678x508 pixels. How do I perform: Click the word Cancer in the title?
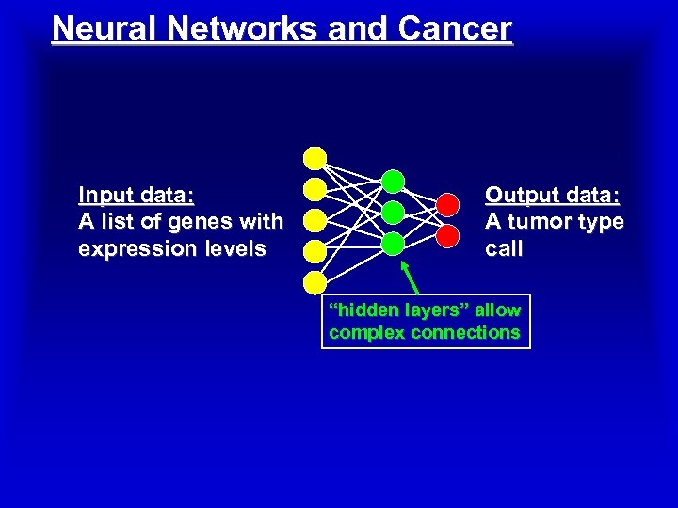tap(455, 28)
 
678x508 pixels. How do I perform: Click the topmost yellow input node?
tap(315, 158)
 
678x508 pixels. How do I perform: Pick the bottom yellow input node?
tap(315, 282)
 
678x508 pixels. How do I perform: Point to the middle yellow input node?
tap(315, 220)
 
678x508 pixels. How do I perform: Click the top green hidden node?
tap(393, 181)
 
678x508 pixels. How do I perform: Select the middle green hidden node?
tap(393, 213)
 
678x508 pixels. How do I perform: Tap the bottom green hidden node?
tap(393, 244)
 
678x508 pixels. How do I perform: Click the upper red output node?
tap(447, 203)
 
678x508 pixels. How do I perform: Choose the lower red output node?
tap(447, 233)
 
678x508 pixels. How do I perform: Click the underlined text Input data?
tap(137, 196)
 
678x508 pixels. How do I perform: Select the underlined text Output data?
tap(553, 196)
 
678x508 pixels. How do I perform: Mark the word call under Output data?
tap(504, 249)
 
